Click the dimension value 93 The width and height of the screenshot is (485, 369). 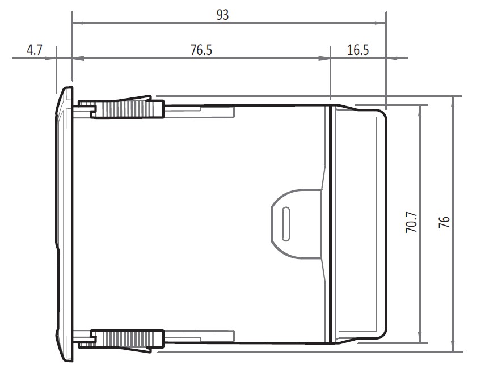222,15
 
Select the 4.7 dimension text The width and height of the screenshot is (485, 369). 35,50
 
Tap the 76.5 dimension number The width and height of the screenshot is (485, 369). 201,50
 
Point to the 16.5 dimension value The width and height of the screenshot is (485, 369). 358,50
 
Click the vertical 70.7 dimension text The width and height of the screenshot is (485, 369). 412,223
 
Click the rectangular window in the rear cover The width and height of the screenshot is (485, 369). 358,224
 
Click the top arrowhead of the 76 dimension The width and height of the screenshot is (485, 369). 452,101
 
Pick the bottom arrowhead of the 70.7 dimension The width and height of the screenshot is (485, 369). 420,338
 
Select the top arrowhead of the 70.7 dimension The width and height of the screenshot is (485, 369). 420,109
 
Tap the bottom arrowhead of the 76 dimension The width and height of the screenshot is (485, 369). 452,347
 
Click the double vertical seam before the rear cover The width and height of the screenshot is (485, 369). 331,224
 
